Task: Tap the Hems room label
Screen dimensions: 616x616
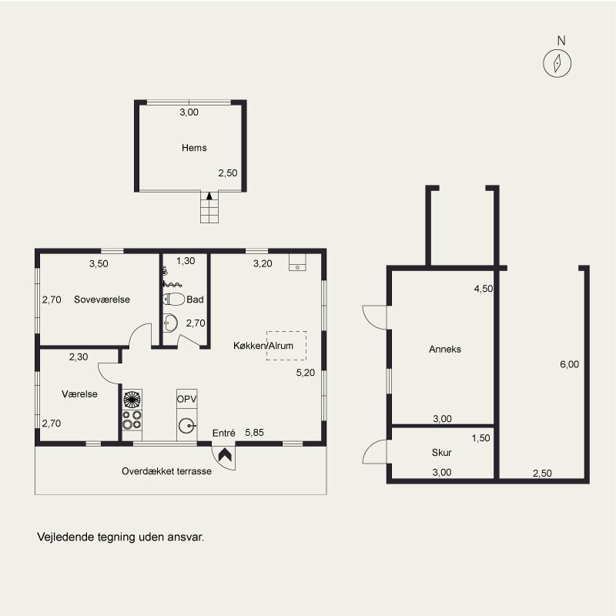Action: [x=194, y=148]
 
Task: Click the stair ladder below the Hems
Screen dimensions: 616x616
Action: [x=209, y=207]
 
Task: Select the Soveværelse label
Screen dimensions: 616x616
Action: [x=102, y=300]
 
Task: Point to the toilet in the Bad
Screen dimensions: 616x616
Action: [x=174, y=300]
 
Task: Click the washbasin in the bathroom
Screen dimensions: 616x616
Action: [x=170, y=323]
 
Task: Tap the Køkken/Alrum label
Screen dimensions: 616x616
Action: [x=263, y=346]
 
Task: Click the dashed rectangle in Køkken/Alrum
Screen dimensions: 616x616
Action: [x=286, y=346]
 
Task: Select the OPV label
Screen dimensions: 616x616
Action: [x=186, y=399]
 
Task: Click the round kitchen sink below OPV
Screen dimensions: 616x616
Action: [x=186, y=426]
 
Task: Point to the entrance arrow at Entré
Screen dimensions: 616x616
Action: [x=225, y=455]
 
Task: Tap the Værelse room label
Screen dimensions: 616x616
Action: [x=79, y=394]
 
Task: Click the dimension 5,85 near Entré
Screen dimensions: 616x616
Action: [x=254, y=433]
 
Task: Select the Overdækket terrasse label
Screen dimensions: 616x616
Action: [x=166, y=471]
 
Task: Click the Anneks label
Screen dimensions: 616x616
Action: [x=445, y=350]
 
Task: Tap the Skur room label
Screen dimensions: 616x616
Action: [x=441, y=453]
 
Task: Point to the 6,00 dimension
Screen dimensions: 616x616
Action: [x=569, y=364]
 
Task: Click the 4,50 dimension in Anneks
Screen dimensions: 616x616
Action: [x=484, y=289]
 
